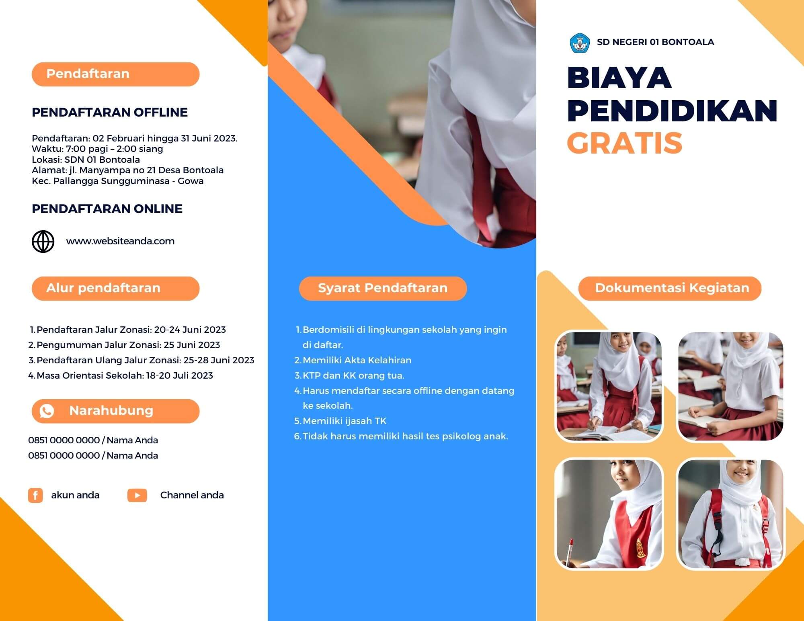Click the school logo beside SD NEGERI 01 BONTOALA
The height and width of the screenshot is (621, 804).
580,43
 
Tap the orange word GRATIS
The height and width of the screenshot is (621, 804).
625,143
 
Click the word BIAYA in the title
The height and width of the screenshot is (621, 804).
619,78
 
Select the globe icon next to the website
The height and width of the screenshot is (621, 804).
43,242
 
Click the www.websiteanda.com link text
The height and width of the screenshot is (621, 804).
120,241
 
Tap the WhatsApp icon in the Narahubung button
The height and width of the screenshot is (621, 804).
47,411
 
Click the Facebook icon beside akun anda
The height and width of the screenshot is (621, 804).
35,495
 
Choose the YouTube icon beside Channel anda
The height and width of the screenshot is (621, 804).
137,495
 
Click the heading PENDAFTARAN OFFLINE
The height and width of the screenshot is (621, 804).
110,112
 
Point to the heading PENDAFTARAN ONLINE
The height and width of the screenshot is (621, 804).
107,209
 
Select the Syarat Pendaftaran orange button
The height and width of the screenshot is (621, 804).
383,288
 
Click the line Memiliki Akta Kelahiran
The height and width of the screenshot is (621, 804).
357,360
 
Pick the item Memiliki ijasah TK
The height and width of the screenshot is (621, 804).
345,421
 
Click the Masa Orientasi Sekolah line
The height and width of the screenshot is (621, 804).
125,375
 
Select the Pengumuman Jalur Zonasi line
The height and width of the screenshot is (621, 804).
128,345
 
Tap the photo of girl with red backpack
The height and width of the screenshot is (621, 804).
730,514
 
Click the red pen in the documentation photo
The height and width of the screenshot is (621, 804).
570,550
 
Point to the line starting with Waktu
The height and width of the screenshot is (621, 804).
97,149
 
